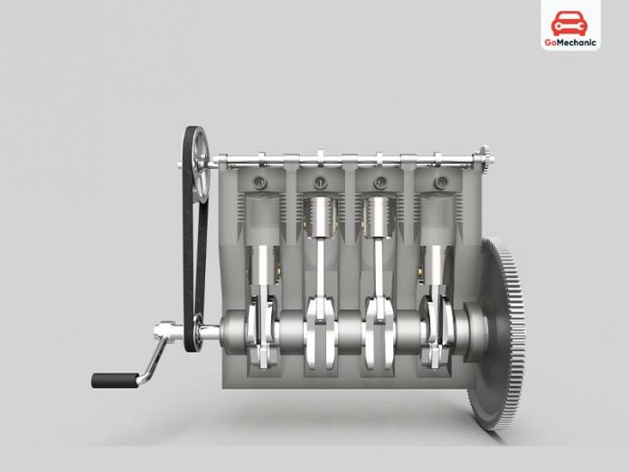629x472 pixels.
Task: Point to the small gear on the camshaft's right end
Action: pos(484,163)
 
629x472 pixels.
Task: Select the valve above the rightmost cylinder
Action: pos(440,184)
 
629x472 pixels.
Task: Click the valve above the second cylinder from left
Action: pos(320,184)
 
